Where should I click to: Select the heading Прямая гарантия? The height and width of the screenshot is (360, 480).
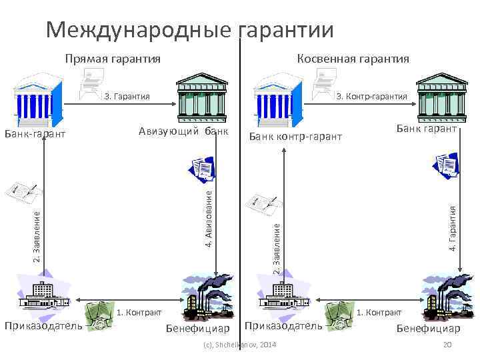point(113,59)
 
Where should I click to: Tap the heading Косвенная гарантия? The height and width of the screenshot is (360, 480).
point(353,59)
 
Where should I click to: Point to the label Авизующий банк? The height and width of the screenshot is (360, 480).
point(183,129)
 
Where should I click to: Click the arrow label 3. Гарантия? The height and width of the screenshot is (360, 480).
point(127,97)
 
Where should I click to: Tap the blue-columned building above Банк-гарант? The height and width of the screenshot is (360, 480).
point(38,97)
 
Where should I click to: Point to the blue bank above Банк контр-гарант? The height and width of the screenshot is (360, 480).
point(281,98)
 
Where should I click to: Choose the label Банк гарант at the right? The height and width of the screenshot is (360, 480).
point(427,127)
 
